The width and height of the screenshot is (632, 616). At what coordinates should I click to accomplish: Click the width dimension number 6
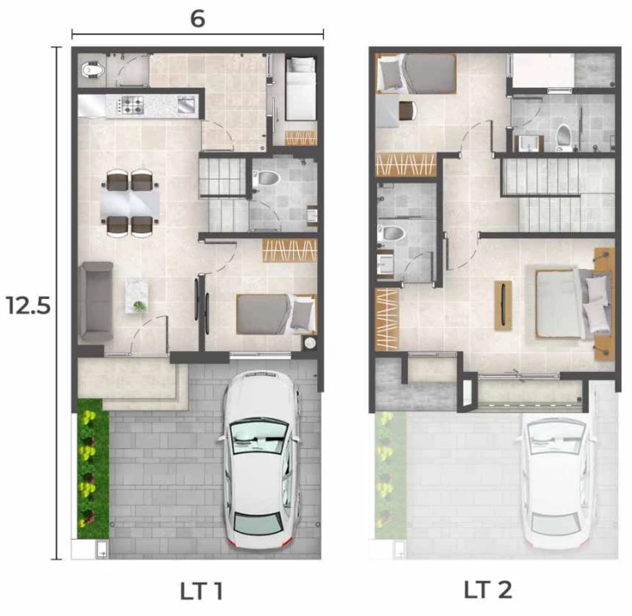coord(198,18)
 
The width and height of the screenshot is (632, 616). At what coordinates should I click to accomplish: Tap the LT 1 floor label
coord(201,591)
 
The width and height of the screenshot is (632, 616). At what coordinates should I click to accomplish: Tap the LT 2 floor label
coord(487,589)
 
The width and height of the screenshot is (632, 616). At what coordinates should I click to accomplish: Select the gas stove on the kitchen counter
coord(130,105)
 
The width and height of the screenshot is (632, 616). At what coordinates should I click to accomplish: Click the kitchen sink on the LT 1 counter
coord(186,105)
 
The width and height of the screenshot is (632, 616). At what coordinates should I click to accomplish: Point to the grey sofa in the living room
coord(96,302)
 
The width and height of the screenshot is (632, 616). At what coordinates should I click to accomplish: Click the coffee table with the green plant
coord(137,296)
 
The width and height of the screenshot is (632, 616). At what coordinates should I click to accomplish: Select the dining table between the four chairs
coord(130,203)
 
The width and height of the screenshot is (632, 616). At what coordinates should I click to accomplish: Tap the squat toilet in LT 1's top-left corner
coord(93,71)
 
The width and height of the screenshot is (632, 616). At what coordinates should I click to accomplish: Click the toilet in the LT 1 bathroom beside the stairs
coord(266,178)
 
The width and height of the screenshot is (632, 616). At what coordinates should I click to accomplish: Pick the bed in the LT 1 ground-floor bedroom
coord(276,315)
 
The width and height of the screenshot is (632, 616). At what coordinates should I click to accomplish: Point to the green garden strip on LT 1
coord(93,468)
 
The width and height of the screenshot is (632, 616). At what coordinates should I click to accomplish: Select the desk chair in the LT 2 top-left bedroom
coord(408,110)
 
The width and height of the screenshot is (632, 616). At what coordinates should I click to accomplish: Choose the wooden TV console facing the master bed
coord(503,305)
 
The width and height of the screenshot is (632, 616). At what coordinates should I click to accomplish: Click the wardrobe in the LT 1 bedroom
coord(289,250)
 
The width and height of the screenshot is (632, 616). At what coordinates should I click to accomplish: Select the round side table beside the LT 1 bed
coord(310,343)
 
